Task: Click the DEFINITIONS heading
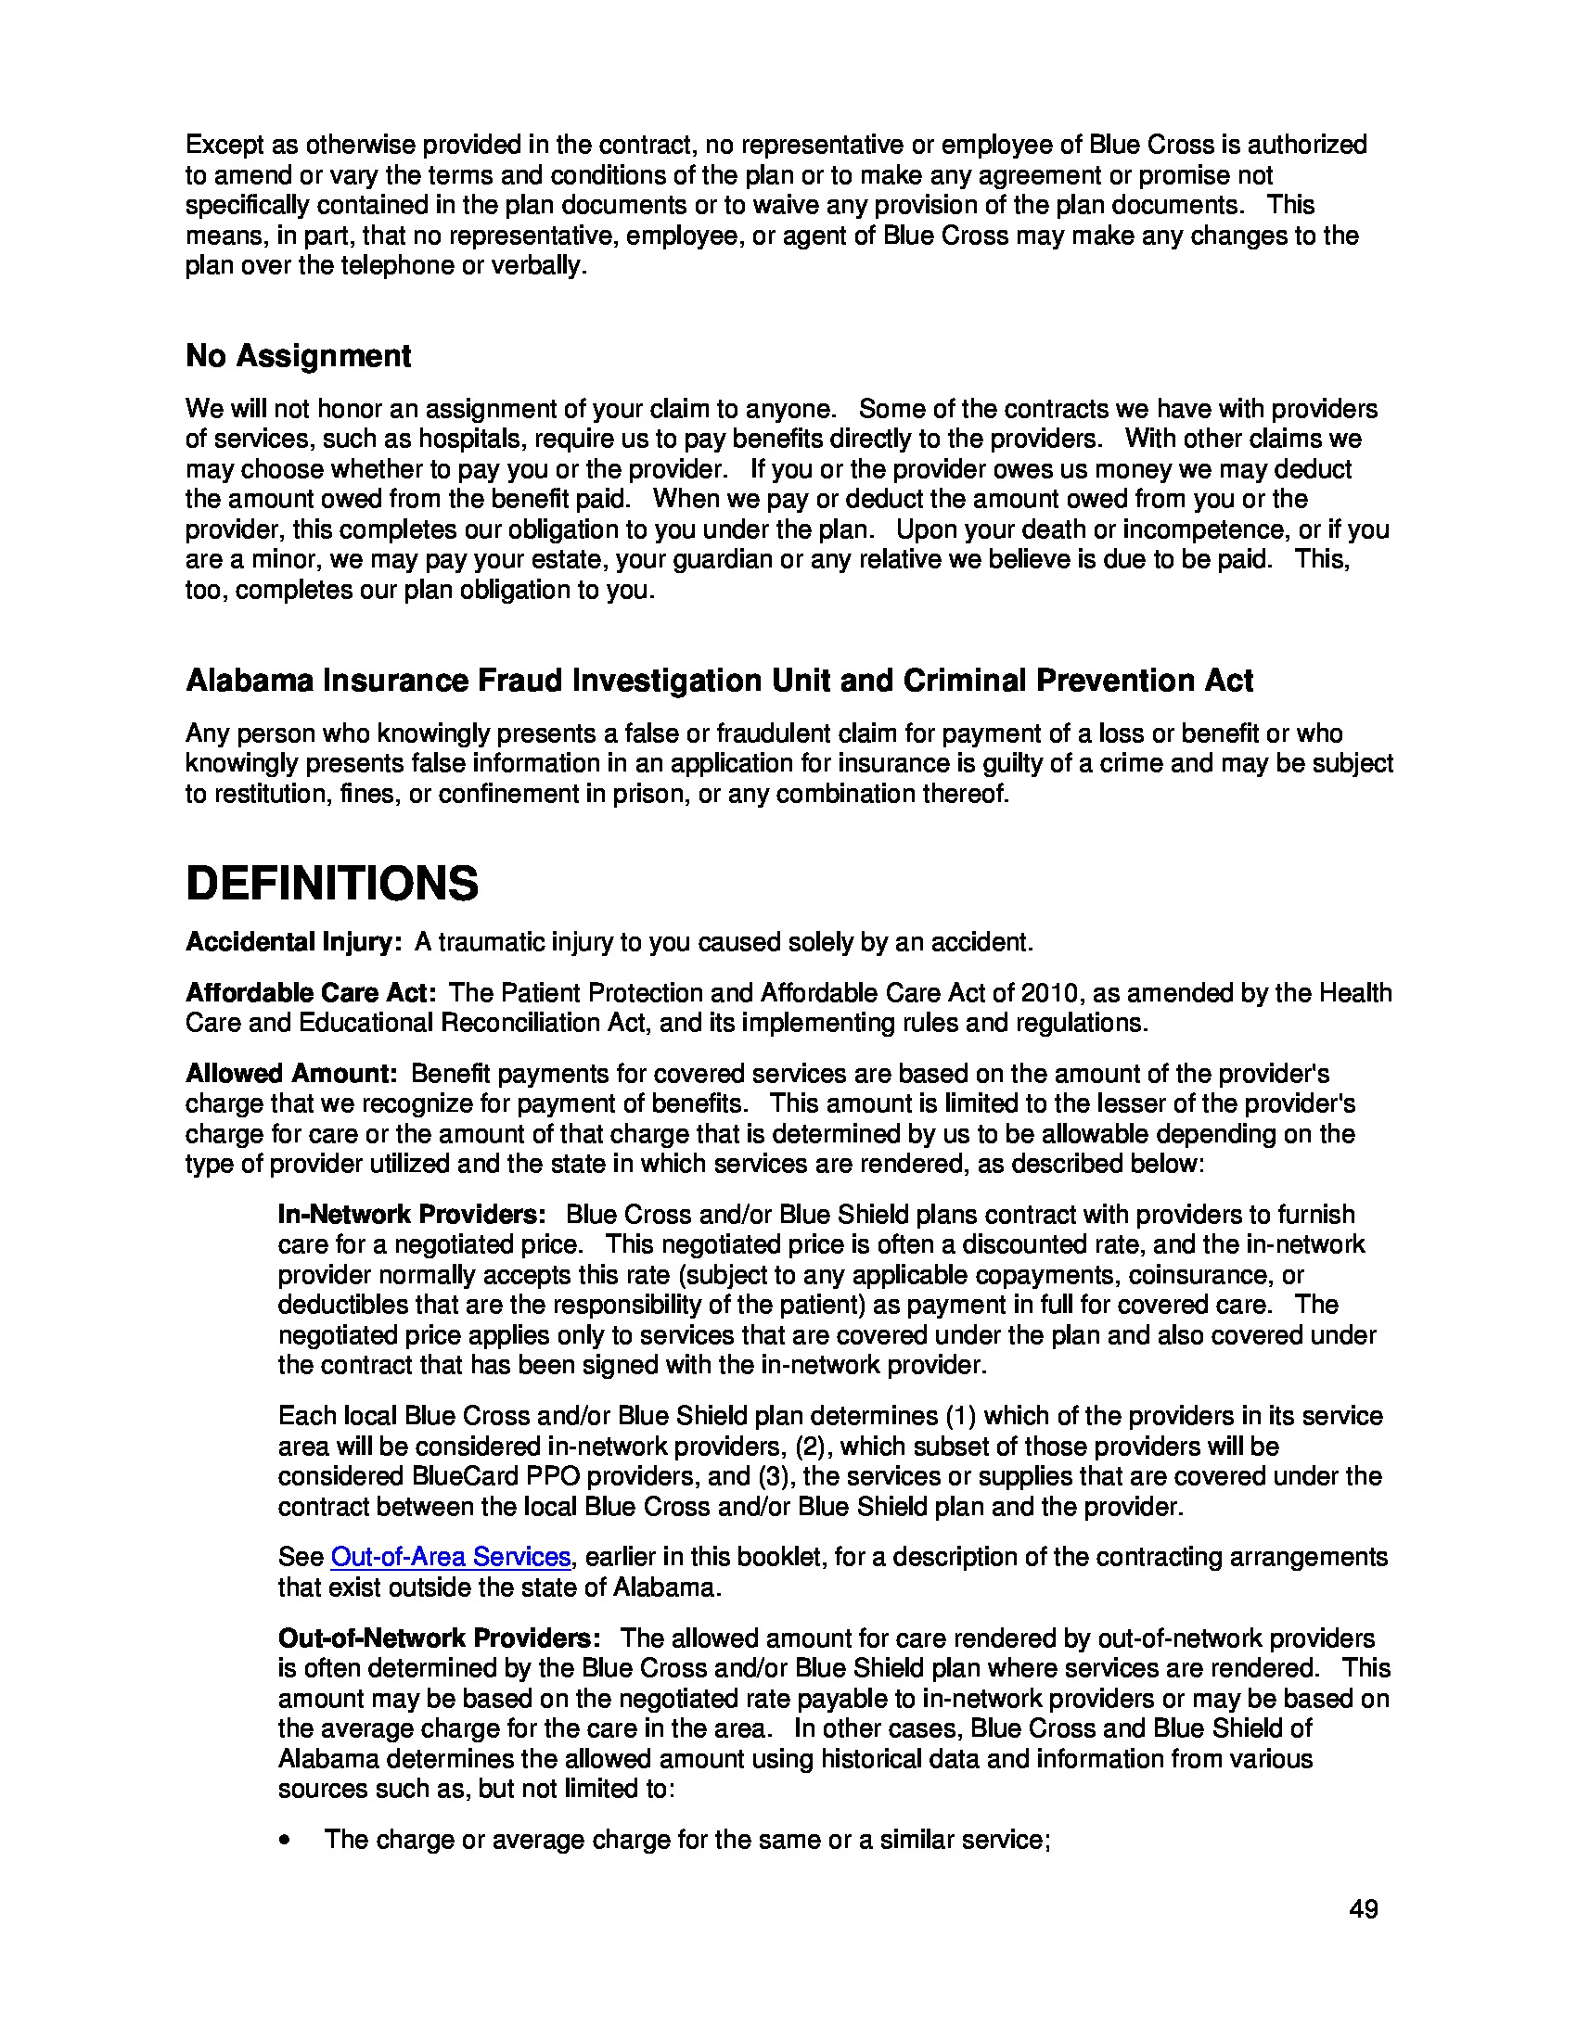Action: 332,884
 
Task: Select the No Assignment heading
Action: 298,356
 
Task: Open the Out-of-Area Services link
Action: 450,1556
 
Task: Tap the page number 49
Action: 1363,1909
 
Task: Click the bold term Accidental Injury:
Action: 293,941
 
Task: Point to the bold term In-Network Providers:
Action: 412,1215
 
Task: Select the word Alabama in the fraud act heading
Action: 249,680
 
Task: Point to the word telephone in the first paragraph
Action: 396,265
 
